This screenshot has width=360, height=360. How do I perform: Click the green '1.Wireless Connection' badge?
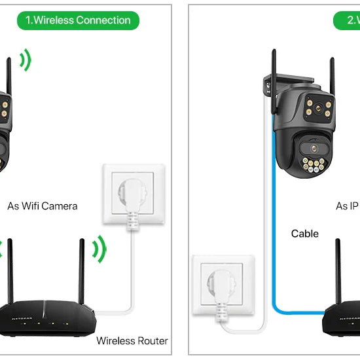tap(78, 20)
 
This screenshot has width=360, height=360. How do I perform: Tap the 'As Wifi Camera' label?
tap(43, 206)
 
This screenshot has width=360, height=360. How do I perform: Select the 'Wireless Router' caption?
tap(132, 340)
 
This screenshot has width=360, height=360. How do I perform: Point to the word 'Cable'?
tap(304, 234)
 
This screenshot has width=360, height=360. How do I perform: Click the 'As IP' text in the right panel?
tap(347, 206)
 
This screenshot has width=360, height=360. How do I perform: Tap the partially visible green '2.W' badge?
tap(353, 20)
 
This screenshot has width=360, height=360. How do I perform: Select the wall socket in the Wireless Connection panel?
tap(134, 191)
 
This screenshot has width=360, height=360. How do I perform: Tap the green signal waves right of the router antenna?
tap(99, 249)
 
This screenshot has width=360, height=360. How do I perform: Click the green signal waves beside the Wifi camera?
tap(25, 61)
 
